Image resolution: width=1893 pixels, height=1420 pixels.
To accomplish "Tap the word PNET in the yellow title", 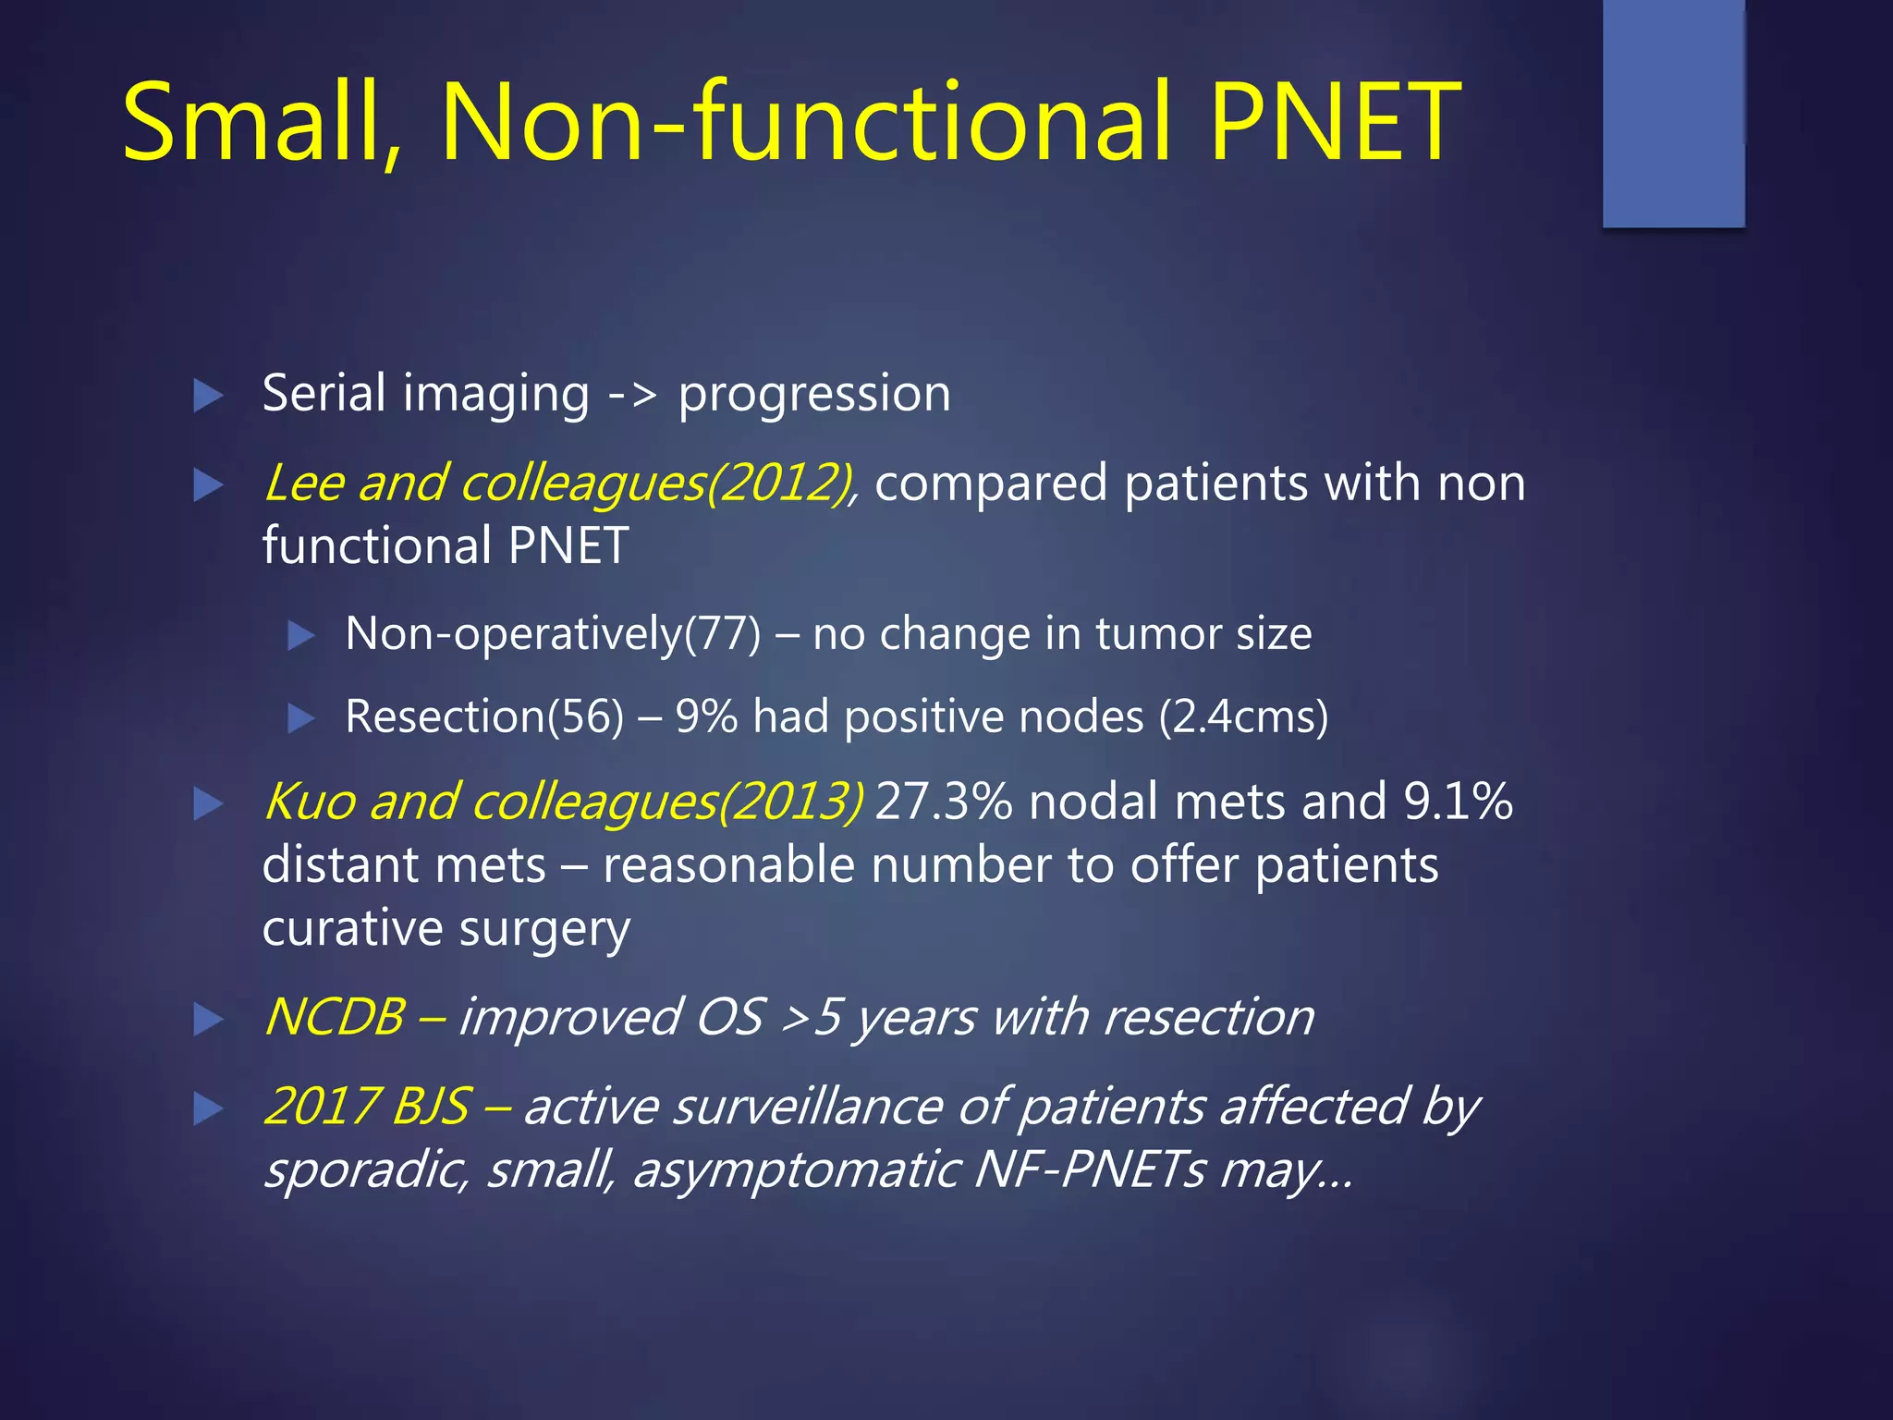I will [x=1335, y=122].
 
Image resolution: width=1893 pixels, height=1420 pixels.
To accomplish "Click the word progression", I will [x=814, y=396].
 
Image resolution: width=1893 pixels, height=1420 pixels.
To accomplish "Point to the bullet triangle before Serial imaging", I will [x=208, y=396].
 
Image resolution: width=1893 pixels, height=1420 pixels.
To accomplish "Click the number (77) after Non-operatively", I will [x=722, y=635].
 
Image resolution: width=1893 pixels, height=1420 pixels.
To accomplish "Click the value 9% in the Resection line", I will [x=706, y=717].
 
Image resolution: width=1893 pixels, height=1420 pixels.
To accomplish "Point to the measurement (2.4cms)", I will [x=1243, y=717].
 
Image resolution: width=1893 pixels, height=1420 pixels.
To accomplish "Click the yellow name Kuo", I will [x=309, y=802].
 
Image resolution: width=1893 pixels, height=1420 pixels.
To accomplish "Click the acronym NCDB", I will [x=335, y=1018].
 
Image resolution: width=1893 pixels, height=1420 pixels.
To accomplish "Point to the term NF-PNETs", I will [x=1090, y=1170].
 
